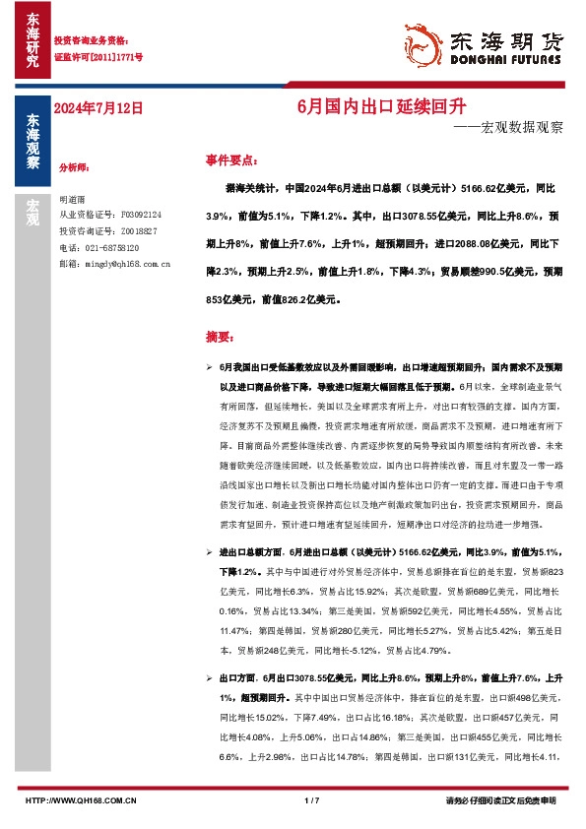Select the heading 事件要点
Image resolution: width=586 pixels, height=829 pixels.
(231, 159)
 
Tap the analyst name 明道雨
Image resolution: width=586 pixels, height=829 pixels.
(75, 198)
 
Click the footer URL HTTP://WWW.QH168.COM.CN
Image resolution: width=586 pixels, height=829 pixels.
(81, 800)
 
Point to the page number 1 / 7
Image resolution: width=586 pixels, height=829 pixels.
(312, 800)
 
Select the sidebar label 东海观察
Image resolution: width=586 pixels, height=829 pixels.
(32, 142)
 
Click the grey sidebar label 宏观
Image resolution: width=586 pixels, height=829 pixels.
(32, 212)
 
